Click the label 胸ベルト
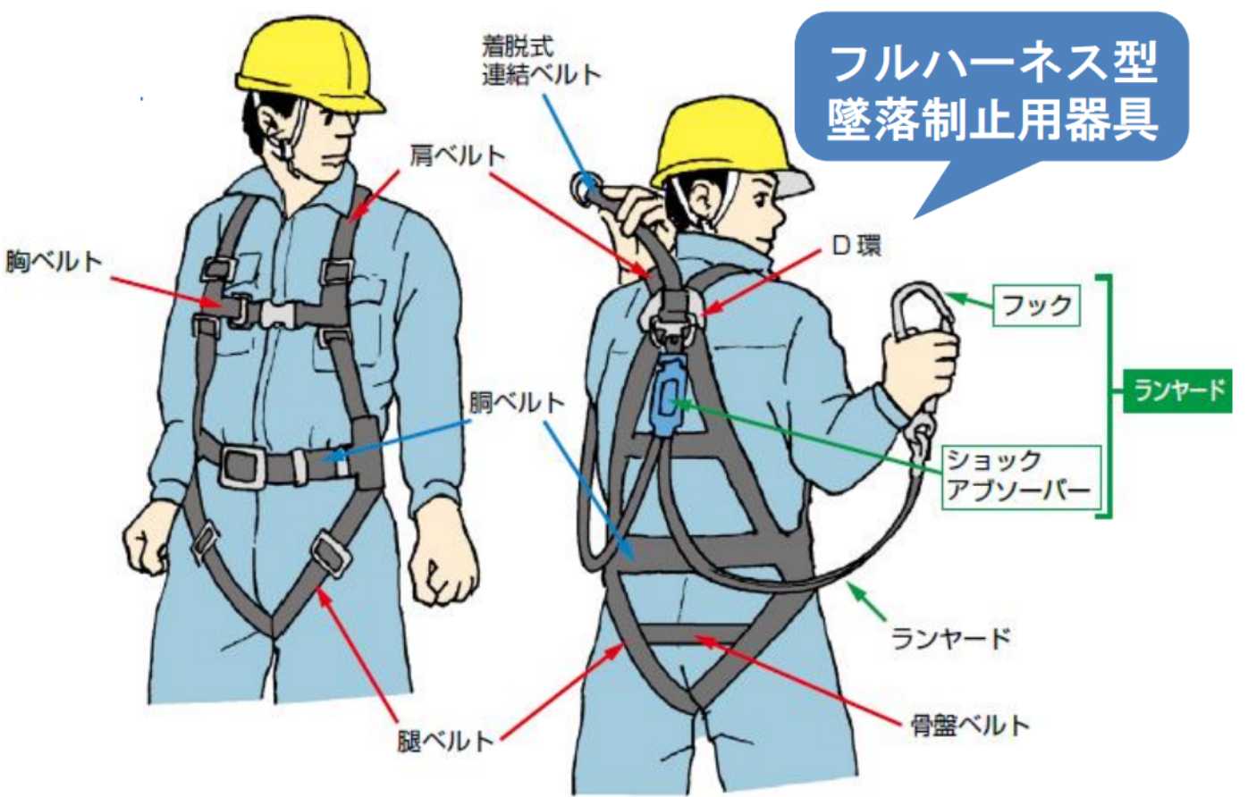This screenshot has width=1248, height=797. point(54,261)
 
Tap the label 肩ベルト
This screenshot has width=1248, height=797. point(458,156)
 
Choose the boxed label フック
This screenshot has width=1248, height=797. point(1036,306)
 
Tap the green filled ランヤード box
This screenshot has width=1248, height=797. point(1177,390)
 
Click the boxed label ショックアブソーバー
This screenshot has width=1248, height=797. point(1022,477)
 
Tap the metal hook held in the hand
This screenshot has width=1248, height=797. point(922,317)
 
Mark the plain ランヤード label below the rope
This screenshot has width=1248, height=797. point(951,638)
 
